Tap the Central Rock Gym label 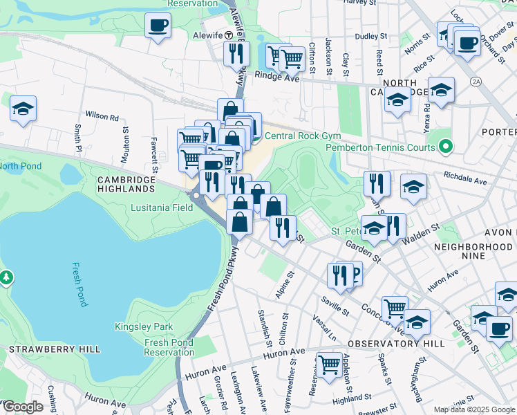[x=293, y=136]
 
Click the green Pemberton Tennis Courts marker [x=446, y=147]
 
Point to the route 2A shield [x=476, y=82]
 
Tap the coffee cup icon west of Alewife [x=158, y=26]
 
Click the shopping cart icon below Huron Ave [x=329, y=363]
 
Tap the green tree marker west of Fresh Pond [x=6, y=277]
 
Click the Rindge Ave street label [x=276, y=77]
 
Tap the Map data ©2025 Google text [x=474, y=409]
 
